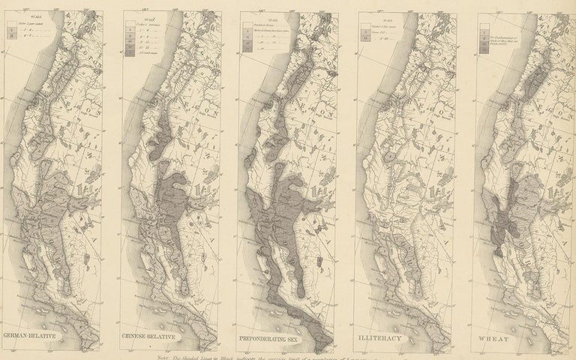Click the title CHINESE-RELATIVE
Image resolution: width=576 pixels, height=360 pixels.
149,336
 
